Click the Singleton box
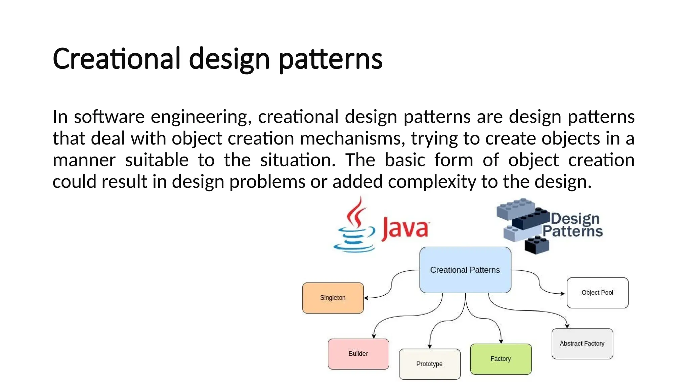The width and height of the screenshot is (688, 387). click(333, 298)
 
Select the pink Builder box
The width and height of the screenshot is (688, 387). click(358, 354)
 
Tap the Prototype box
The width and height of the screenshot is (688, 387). click(429, 364)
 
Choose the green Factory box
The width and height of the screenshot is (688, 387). click(501, 359)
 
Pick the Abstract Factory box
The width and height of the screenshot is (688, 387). click(582, 344)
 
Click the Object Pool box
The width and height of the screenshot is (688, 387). click(597, 293)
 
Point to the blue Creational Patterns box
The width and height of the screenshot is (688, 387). click(465, 270)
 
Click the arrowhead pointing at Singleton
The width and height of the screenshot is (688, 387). click(367, 298)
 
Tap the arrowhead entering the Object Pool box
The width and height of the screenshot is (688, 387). click(563, 294)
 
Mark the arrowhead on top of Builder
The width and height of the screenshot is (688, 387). click(374, 336)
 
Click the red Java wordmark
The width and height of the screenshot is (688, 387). click(405, 229)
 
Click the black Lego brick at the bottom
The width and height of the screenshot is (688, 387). click(536, 245)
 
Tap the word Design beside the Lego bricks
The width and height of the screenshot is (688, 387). click(575, 219)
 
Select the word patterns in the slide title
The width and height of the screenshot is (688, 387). click(331, 59)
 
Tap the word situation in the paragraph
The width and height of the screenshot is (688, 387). click(298, 160)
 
